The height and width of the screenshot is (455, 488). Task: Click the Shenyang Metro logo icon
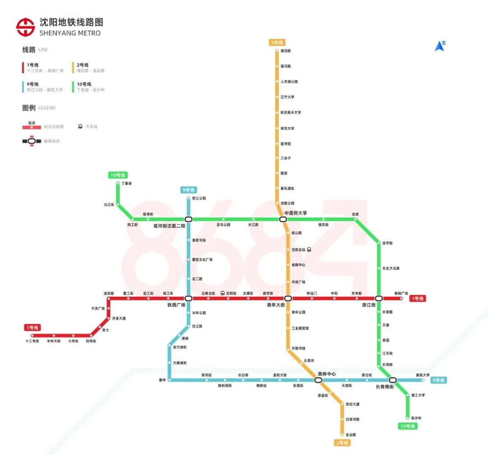tap(25, 27)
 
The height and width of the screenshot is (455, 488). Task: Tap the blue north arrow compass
tap(440, 46)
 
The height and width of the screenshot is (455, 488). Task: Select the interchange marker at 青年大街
tap(288, 298)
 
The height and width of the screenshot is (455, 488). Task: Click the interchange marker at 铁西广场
tap(188, 298)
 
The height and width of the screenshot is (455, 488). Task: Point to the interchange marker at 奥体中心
tap(318, 380)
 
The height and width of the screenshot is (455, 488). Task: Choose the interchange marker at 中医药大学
tap(283, 219)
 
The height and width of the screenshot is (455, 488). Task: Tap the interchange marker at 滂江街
tap(379, 298)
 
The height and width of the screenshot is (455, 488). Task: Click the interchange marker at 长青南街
tap(393, 380)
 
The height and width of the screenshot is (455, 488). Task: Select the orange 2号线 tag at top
tap(277, 42)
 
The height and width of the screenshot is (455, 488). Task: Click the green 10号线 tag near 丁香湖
tap(118, 175)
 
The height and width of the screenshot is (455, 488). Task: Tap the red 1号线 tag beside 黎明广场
tap(418, 299)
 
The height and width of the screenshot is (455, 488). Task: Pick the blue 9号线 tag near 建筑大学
tap(439, 380)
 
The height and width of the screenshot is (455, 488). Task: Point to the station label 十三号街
tap(32, 341)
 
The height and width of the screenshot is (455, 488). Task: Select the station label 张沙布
tap(416, 418)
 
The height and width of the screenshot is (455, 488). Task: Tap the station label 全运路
tap(351, 435)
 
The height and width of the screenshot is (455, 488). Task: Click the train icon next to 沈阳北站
tap(309, 249)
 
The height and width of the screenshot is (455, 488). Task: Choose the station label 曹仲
tap(162, 380)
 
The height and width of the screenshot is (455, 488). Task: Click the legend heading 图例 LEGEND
tap(39, 108)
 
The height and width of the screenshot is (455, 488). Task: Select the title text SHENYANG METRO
tap(70, 33)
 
